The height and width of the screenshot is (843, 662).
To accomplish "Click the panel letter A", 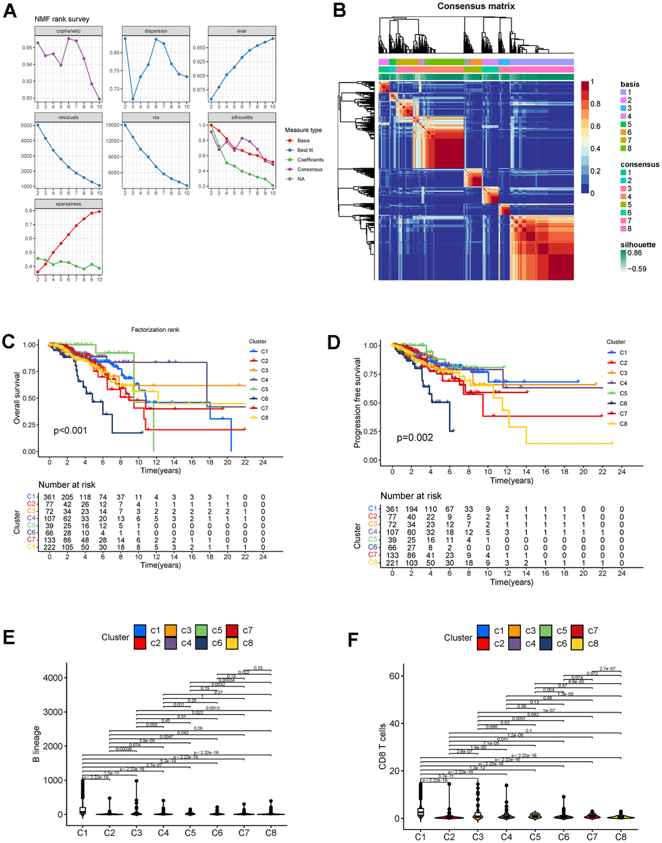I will (x=10, y=11).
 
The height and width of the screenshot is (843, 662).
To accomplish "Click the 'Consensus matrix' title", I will (x=476, y=6).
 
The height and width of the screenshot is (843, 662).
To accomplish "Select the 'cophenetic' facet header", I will (x=68, y=31).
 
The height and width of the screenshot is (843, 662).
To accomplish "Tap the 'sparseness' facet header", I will (x=68, y=204).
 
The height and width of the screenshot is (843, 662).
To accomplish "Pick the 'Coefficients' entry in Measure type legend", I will (x=310, y=160).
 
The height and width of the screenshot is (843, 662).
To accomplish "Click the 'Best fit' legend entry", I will (x=305, y=150).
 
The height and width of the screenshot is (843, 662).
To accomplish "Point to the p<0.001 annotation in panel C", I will (x=70, y=431).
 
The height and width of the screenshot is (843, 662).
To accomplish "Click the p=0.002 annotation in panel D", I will (x=415, y=438).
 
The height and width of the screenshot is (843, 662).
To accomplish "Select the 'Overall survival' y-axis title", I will (x=18, y=398).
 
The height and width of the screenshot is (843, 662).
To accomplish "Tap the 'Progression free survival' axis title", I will (x=357, y=403).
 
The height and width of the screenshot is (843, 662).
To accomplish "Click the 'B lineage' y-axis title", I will (x=36, y=744).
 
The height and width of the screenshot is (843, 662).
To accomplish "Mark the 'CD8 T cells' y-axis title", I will (x=383, y=747).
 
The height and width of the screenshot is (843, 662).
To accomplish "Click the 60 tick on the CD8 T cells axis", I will (x=394, y=676).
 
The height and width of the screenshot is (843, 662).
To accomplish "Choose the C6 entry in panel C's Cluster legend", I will (x=264, y=399).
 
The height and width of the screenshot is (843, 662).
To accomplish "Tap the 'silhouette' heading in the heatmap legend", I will (x=637, y=245).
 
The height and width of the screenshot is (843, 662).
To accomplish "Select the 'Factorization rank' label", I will (x=154, y=330).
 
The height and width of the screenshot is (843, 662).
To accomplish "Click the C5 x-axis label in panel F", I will (x=535, y=837).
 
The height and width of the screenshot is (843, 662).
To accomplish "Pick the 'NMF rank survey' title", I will (x=62, y=19).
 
